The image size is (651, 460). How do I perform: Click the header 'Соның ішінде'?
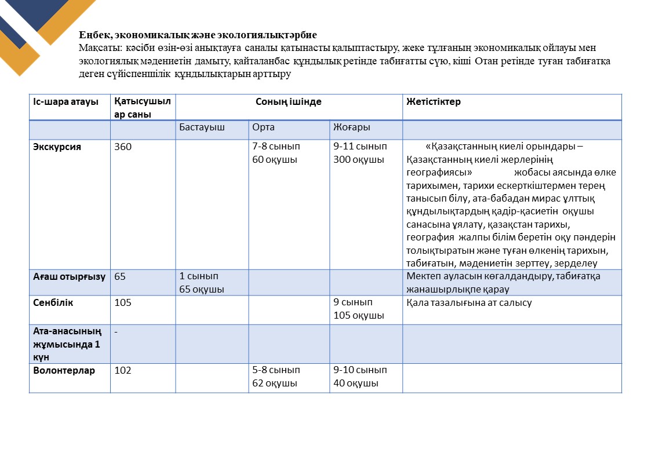point(289,102)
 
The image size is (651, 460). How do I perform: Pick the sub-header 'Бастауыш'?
point(202,127)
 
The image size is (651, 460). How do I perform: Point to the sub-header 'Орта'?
point(263,127)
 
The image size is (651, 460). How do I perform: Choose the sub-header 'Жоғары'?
point(352,127)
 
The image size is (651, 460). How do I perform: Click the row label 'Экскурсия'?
point(57,147)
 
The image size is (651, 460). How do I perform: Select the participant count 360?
point(123,147)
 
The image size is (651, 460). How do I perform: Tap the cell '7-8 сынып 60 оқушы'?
point(276,153)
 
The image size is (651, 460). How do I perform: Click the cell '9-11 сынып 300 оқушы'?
point(360,153)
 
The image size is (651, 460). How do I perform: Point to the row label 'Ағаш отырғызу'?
point(69,277)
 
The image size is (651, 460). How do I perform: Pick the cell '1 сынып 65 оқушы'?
point(202,283)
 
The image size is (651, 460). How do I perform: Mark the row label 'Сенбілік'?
point(53,303)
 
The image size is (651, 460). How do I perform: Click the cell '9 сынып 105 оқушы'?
point(359,309)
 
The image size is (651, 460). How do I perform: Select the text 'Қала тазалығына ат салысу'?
point(469,303)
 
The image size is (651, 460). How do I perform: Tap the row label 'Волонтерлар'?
point(64,370)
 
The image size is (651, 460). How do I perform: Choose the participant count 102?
point(123,370)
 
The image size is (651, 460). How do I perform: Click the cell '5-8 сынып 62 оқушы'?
point(276,377)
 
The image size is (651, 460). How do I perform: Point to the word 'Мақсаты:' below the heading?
point(97,48)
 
